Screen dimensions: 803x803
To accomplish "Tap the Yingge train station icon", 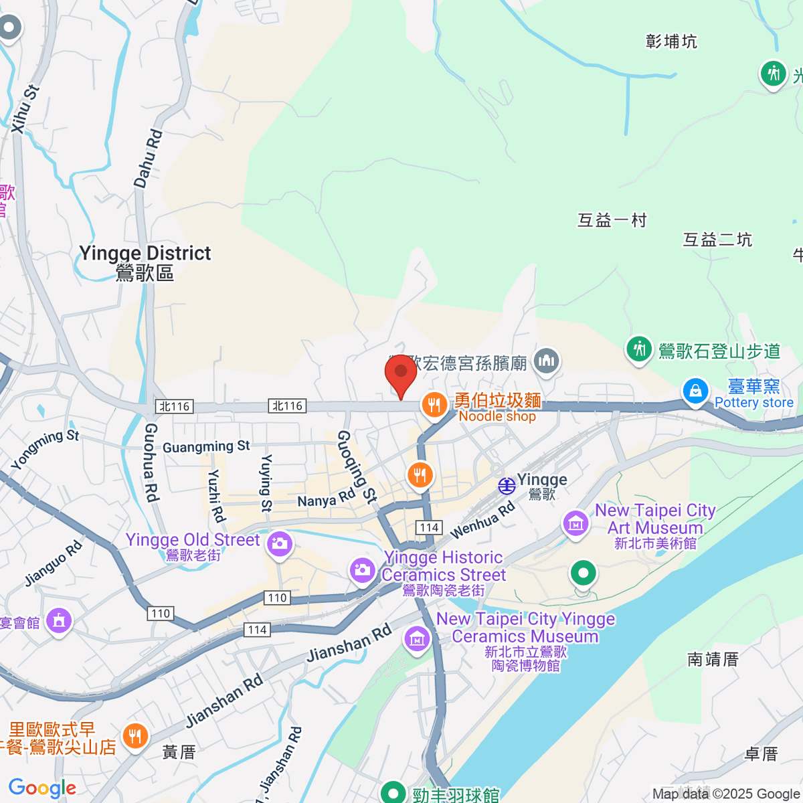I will tap(507, 486).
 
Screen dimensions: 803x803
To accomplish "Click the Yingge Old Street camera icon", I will tap(280, 543).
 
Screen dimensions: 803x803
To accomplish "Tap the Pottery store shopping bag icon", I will tap(695, 391).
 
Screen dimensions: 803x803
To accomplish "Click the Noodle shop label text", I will tap(497, 416).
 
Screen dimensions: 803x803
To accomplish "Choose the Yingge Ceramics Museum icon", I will tap(417, 638).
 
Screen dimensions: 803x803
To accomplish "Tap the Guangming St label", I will tap(206, 446).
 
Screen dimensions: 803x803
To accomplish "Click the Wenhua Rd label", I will tap(482, 520).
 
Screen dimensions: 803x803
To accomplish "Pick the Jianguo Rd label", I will tap(54, 563).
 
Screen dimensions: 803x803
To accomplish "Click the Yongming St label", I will tap(45, 449).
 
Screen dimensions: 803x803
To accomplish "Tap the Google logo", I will tap(42, 788).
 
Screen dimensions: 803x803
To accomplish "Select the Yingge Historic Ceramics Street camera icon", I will tap(362, 570).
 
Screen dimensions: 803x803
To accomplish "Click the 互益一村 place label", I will tap(612, 220).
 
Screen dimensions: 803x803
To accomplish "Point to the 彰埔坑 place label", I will tap(671, 41).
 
